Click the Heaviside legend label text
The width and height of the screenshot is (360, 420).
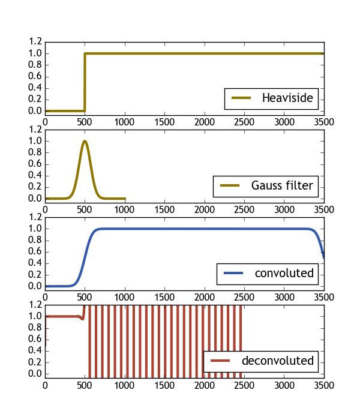click(x=287, y=98)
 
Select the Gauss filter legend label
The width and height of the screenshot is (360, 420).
click(x=282, y=186)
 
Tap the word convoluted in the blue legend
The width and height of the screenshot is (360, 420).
click(x=284, y=274)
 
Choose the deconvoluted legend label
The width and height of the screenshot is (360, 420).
click(x=277, y=361)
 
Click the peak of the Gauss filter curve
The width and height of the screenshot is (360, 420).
click(x=85, y=141)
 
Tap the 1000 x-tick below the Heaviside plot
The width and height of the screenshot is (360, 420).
click(x=125, y=122)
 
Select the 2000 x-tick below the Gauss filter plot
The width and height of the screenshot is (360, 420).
click(x=204, y=209)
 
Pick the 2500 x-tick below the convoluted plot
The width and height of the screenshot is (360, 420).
click(x=244, y=297)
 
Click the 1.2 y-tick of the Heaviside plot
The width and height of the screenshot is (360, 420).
click(x=35, y=42)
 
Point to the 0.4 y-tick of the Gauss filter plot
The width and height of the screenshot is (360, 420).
click(x=35, y=175)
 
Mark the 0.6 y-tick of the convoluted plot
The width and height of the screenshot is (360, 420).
click(x=35, y=251)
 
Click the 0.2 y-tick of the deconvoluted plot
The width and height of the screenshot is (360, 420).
click(x=35, y=362)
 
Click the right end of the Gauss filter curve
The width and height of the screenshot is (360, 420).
click(x=125, y=199)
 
